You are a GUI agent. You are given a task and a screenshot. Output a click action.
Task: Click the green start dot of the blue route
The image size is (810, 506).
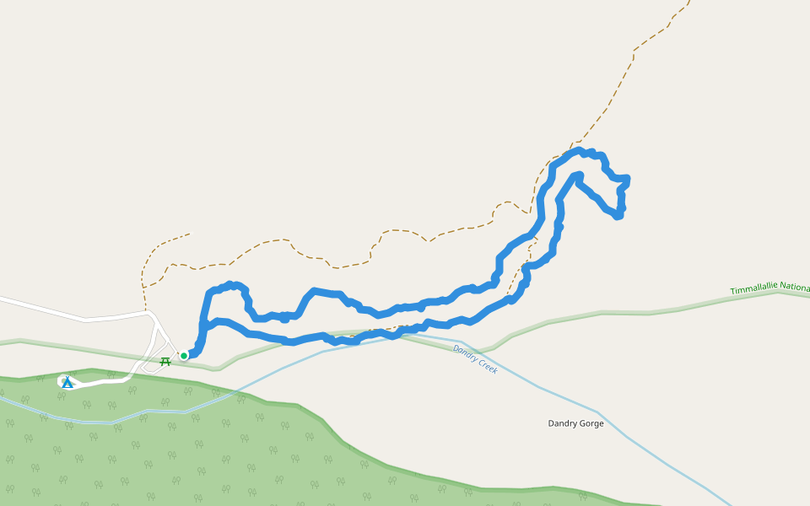pyautogui.click(x=184, y=356)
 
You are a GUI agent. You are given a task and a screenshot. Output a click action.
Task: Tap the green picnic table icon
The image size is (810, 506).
pyautogui.click(x=165, y=361)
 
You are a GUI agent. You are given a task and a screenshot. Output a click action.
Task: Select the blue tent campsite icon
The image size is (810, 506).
pyautogui.click(x=67, y=382)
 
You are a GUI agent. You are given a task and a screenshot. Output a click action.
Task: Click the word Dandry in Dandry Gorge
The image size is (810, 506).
pyautogui.click(x=564, y=423)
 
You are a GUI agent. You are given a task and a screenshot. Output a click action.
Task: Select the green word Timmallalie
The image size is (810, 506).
pyautogui.click(x=753, y=289)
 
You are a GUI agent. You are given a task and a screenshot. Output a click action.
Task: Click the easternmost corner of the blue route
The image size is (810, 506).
pyautogui.click(x=629, y=179)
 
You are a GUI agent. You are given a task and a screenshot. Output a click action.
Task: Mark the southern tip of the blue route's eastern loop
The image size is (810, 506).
pyautogui.click(x=618, y=217)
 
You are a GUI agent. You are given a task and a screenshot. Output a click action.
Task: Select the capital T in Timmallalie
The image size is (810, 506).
pyautogui.click(x=732, y=292)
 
